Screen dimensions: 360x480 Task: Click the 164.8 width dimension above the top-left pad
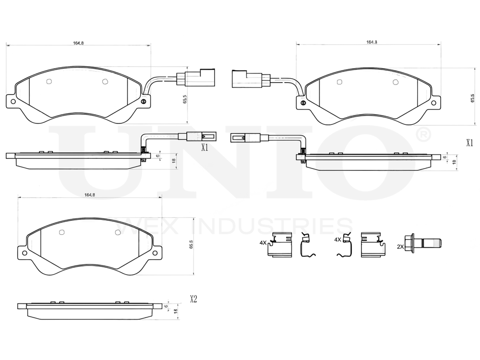click(78, 43)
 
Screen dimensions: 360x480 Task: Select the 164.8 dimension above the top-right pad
click(372, 42)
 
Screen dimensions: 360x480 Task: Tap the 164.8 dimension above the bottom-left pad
click(90, 194)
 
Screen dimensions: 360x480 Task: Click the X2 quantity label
click(193, 299)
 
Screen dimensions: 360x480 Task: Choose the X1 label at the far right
click(469, 143)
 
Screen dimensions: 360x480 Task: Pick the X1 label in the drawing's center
click(204, 147)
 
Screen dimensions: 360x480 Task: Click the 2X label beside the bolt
click(400, 246)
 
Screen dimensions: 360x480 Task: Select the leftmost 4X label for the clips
click(263, 243)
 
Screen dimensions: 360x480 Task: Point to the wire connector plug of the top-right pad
click(250, 79)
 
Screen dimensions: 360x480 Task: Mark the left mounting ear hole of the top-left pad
click(13, 102)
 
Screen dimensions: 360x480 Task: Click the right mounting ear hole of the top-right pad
click(434, 102)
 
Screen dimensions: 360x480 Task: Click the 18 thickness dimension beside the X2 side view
click(175, 311)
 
